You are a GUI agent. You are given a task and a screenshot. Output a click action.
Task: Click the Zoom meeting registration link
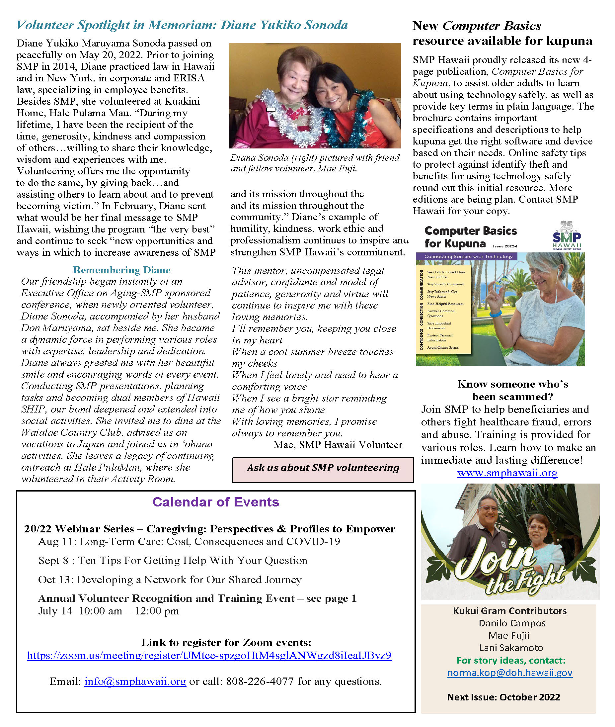point(209,656)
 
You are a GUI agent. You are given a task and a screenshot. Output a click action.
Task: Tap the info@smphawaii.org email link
point(135,681)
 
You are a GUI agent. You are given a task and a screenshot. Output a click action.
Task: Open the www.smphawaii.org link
point(507,473)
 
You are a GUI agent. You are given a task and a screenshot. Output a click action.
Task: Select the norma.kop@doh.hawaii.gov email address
point(510,673)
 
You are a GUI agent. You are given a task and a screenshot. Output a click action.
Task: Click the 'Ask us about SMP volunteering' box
point(323,468)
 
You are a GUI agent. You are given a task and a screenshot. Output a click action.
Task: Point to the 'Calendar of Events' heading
point(216,502)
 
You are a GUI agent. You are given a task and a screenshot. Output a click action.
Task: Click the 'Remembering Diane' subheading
point(122,270)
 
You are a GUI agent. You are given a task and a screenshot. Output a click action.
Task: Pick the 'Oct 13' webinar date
point(55,580)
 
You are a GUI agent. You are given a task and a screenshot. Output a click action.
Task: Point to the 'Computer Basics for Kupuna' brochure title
point(470,237)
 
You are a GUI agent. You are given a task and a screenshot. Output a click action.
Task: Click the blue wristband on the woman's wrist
point(495,314)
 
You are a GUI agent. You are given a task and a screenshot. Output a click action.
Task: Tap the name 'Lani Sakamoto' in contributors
point(511,648)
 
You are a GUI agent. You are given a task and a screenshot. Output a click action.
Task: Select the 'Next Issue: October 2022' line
point(503,697)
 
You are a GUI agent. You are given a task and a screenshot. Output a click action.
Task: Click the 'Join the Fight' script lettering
point(509,569)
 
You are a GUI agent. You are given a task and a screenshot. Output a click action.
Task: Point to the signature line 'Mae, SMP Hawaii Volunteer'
point(338,445)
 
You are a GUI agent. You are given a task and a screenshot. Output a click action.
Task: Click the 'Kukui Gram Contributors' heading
point(510,611)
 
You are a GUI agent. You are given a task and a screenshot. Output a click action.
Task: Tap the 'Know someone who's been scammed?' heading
point(512,390)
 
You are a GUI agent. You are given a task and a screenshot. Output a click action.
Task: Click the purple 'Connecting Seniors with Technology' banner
point(468,256)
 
